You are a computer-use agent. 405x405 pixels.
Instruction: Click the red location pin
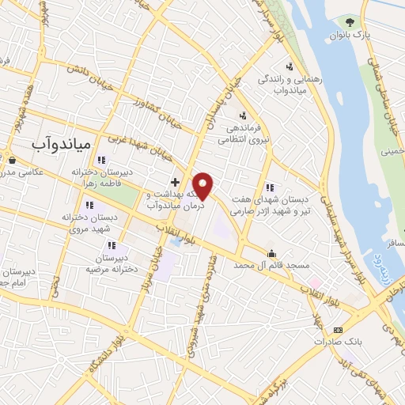click(203, 185)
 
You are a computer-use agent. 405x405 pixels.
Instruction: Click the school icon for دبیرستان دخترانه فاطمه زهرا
click(100, 161)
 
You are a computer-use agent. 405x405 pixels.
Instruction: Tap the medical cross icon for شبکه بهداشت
click(175, 182)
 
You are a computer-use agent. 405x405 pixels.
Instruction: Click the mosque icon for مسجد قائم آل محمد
click(273, 254)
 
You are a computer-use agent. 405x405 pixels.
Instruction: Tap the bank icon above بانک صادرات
click(338, 330)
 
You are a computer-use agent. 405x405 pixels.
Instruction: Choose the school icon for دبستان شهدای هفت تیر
click(270, 187)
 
